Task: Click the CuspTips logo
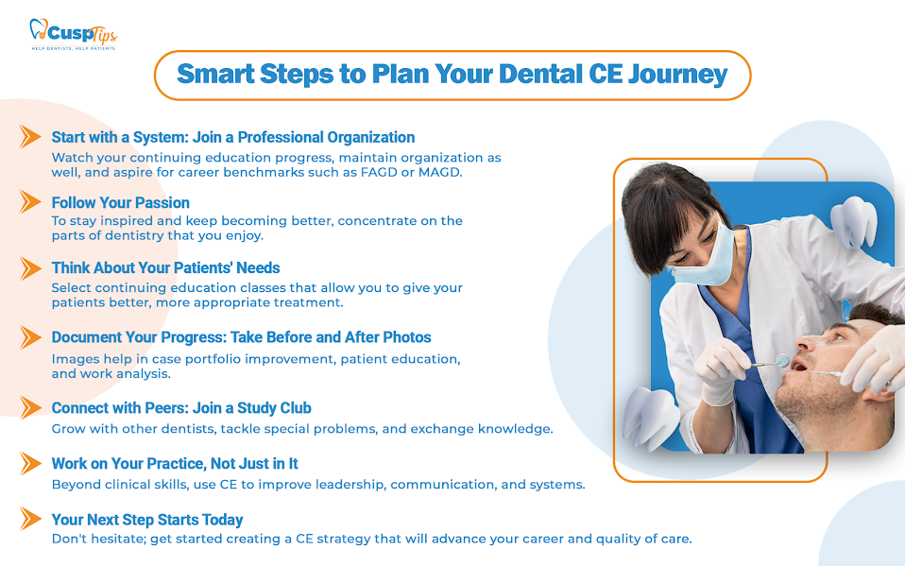click(x=74, y=34)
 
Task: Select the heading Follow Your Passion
click(x=121, y=203)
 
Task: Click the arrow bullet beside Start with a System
click(x=30, y=137)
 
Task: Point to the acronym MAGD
click(x=440, y=172)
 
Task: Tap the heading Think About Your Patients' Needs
click(x=165, y=268)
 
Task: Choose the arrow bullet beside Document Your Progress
click(x=30, y=337)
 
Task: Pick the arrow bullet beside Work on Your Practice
click(x=30, y=463)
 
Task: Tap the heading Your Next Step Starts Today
click(x=147, y=520)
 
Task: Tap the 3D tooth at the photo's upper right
click(x=854, y=222)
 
